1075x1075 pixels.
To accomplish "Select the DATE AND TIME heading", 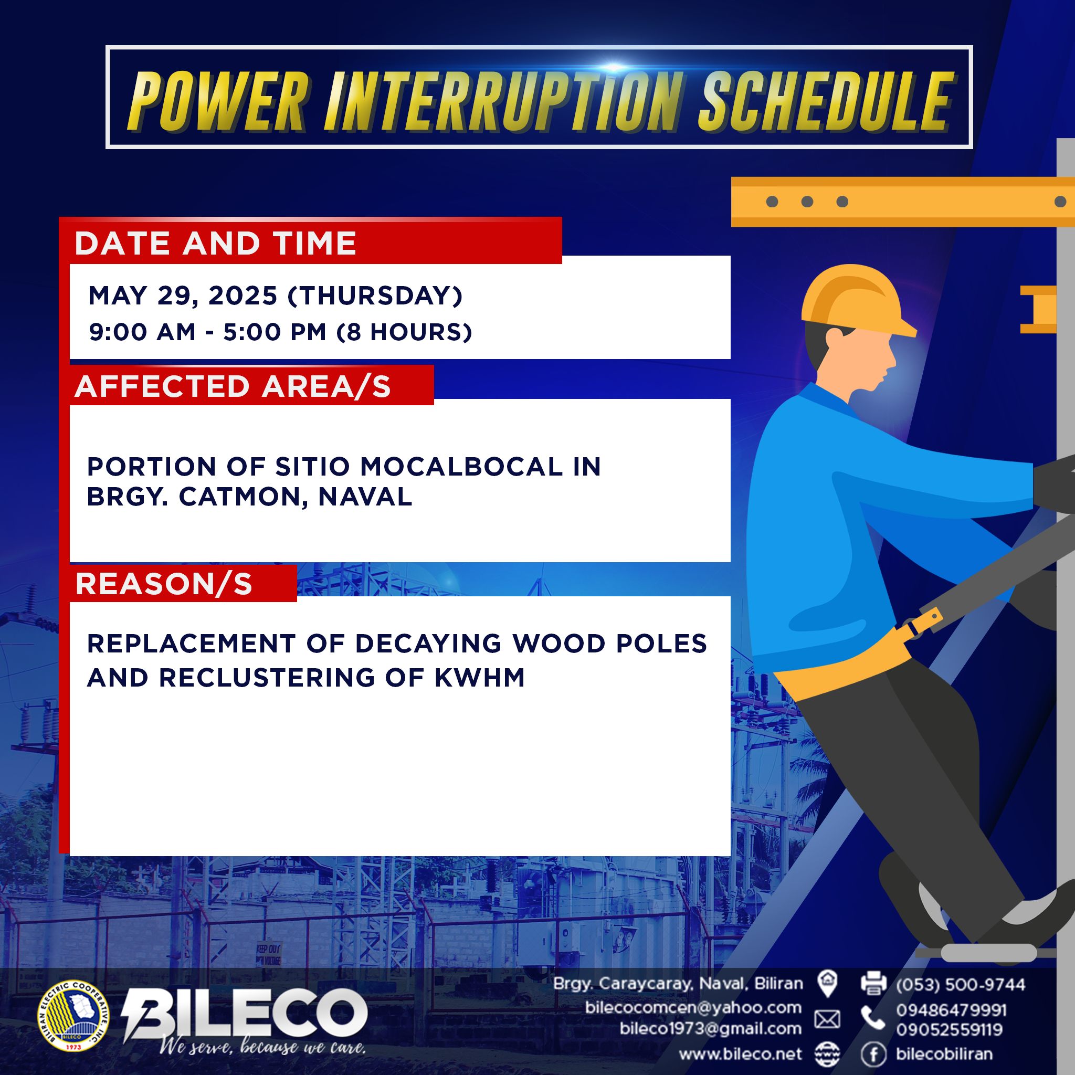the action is [215, 243].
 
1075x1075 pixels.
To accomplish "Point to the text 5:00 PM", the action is [275, 332].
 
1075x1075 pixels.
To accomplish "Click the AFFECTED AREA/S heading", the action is [233, 386].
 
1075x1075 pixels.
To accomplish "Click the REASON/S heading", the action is [164, 584].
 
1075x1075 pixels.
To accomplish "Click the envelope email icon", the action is [827, 1019].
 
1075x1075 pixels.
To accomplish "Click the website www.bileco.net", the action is [741, 1054].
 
